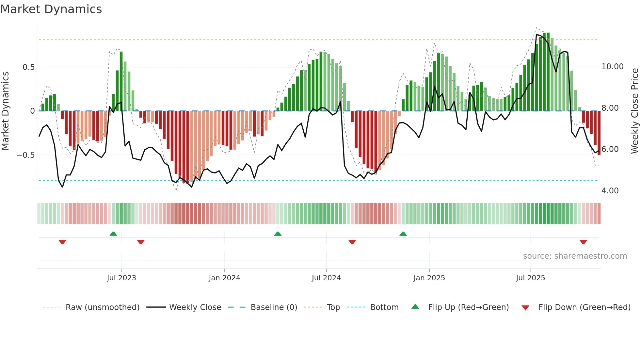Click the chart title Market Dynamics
click(x=51, y=9)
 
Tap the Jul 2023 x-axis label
click(x=121, y=278)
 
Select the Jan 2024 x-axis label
click(x=224, y=278)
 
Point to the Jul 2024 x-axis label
click(x=326, y=278)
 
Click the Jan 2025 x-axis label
click(x=429, y=278)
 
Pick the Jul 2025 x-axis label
click(x=530, y=278)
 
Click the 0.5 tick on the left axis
click(x=28, y=67)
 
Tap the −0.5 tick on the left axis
click(x=26, y=155)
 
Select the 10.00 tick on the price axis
click(x=612, y=67)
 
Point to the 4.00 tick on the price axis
click(x=610, y=191)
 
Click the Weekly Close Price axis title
click(x=634, y=111)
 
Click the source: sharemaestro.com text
click(x=575, y=256)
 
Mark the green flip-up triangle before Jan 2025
click(x=403, y=234)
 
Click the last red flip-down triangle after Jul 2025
click(x=583, y=242)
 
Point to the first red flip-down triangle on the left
click(x=62, y=242)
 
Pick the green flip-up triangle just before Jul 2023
click(x=113, y=234)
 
